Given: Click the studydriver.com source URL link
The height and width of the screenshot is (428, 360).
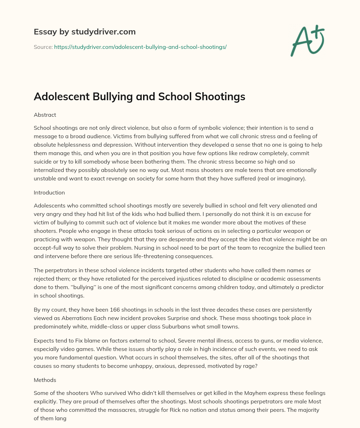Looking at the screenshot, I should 140,47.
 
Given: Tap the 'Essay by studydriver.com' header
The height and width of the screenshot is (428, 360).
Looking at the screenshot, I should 84,32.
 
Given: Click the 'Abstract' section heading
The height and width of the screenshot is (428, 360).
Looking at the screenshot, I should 45,115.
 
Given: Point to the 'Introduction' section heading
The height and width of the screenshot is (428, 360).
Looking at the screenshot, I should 49,192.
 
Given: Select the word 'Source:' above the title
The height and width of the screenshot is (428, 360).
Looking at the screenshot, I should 43,47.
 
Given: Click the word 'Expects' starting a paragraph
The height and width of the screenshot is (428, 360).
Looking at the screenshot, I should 44,340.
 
